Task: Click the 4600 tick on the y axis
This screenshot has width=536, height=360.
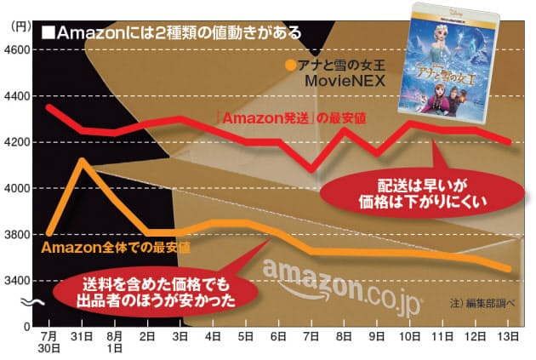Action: point(17,50)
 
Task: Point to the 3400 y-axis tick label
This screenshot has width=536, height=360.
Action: point(17,280)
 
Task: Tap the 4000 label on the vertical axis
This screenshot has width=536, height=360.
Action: point(17,188)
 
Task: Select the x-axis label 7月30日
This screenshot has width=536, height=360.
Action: point(48,342)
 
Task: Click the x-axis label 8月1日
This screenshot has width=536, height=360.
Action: point(113,342)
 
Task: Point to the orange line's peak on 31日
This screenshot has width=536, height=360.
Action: point(81,160)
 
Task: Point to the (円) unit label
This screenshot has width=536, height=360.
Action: point(18,26)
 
